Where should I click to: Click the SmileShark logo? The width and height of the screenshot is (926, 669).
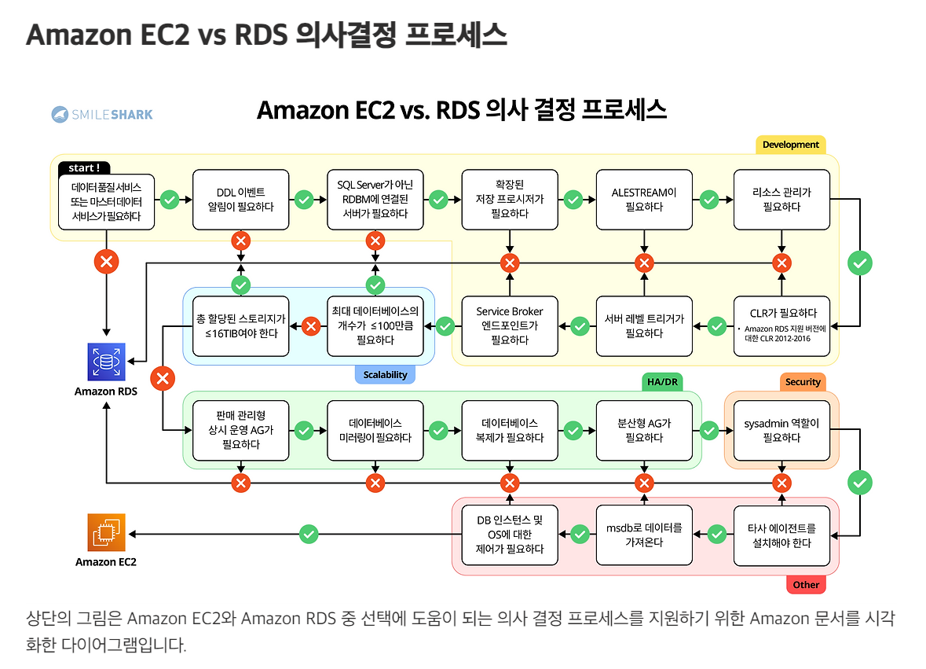(102, 115)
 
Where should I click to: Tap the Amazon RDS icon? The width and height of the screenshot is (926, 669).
(106, 362)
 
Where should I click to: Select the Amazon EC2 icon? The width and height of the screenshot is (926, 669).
(106, 533)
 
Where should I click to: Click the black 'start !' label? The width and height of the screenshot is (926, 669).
(84, 167)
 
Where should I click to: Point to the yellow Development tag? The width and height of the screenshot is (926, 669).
(790, 145)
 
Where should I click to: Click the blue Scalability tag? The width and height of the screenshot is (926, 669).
(385, 375)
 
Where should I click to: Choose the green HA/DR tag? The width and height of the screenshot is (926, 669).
(661, 382)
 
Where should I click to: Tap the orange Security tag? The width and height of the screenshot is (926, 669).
(803, 382)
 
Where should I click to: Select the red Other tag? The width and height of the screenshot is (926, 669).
(806, 585)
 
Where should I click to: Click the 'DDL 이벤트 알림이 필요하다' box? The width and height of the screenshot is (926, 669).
(240, 200)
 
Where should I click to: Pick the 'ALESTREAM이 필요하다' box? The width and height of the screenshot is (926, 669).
(644, 200)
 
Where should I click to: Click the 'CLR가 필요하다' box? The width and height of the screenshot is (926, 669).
(781, 325)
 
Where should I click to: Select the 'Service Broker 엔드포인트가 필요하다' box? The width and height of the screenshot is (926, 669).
(510, 325)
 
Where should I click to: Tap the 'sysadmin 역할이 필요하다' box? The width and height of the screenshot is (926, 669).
(781, 430)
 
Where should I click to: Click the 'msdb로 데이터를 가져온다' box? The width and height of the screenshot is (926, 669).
(644, 535)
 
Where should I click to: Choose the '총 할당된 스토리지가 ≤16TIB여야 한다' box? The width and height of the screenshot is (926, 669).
(240, 325)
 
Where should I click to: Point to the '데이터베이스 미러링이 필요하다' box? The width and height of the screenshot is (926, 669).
(375, 430)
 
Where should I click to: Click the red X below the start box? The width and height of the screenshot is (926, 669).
(106, 262)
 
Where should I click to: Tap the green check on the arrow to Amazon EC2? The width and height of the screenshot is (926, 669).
(309, 535)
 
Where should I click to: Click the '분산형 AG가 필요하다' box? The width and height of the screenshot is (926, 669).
(644, 430)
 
